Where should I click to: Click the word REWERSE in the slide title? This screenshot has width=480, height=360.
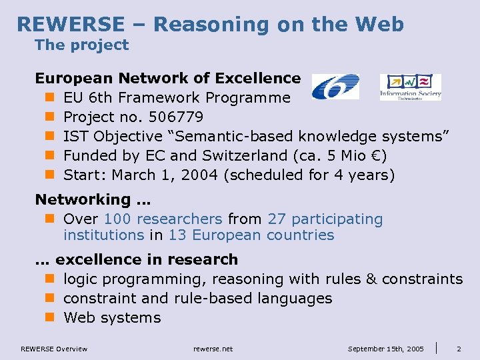(x=70, y=25)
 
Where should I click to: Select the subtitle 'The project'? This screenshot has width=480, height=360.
(x=81, y=45)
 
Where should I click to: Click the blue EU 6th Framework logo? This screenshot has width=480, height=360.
(x=335, y=87)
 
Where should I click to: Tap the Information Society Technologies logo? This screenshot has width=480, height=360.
(x=410, y=87)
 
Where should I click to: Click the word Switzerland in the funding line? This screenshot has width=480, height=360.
(x=251, y=156)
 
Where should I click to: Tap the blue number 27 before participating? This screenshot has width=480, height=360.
(x=277, y=219)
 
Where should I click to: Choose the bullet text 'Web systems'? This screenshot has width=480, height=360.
(x=112, y=317)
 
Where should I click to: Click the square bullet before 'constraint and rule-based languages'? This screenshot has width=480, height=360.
(x=49, y=299)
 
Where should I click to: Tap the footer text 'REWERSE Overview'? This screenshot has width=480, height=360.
(x=54, y=349)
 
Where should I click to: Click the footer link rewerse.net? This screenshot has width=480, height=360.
(x=213, y=349)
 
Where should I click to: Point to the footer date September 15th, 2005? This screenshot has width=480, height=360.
(x=386, y=349)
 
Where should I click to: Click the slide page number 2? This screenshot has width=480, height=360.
(x=459, y=349)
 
